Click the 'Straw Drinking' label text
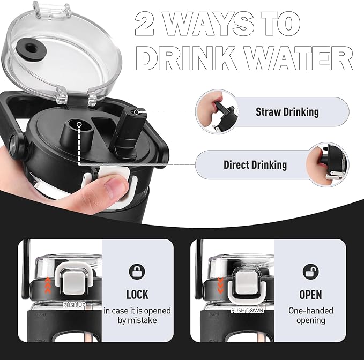click(x=287, y=112)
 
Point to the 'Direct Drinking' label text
click(x=255, y=164)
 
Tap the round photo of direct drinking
click(x=328, y=164)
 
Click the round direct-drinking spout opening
click(x=79, y=125)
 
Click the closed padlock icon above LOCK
click(x=137, y=272)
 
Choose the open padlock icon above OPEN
click(x=310, y=272)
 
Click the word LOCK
click(x=137, y=295)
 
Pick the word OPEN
click(x=310, y=295)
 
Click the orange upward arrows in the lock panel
click(x=48, y=286)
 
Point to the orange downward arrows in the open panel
click(x=220, y=286)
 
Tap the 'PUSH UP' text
click(x=75, y=305)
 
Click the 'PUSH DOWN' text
click(x=247, y=310)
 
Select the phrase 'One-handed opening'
click(x=310, y=316)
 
